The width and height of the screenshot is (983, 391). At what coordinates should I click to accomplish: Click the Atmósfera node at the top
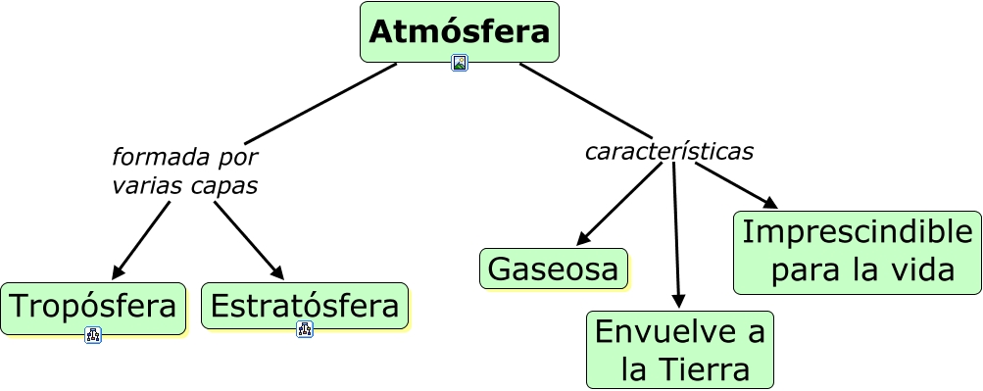[x=459, y=32]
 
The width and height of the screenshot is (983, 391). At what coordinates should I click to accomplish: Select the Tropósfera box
[x=93, y=308]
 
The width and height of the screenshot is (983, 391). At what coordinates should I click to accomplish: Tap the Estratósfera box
[x=305, y=306]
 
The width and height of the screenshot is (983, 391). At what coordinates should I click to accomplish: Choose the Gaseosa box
[x=554, y=269]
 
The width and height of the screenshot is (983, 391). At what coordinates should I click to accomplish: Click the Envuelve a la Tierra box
[x=680, y=350]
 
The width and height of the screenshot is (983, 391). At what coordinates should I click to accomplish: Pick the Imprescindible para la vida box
[x=858, y=252]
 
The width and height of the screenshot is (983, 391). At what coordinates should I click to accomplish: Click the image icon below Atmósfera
[x=459, y=64]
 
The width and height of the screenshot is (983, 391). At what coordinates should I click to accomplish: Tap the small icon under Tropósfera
[x=93, y=335]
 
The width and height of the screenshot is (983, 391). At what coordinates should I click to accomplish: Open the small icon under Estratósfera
[x=305, y=329]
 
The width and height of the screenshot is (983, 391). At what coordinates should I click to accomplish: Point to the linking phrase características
[x=669, y=151]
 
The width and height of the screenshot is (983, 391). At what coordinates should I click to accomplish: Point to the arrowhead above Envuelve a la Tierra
[x=679, y=301]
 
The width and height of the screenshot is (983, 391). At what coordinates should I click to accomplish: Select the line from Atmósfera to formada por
[x=320, y=104]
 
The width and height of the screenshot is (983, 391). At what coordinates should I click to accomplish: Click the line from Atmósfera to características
[x=585, y=100]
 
